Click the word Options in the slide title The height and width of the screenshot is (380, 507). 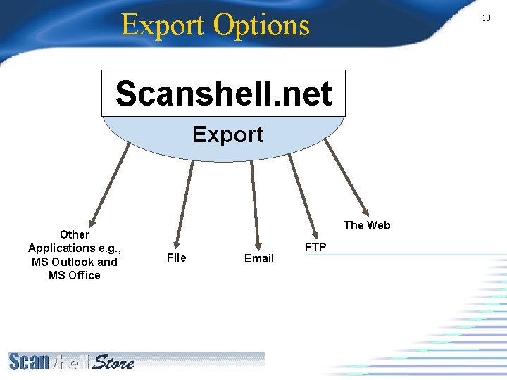(x=261, y=25)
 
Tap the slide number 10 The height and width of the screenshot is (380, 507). (x=486, y=18)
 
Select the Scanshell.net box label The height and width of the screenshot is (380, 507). (x=223, y=94)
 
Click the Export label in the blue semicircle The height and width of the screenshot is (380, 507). (x=227, y=134)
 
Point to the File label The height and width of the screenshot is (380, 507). (x=176, y=258)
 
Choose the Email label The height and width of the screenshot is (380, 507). (x=258, y=258)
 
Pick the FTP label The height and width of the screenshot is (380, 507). (x=315, y=247)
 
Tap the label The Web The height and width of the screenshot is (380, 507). (x=366, y=225)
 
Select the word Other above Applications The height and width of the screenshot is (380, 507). (x=75, y=234)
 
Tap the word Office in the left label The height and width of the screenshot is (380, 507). (x=84, y=275)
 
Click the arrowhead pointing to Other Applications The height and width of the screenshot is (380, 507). (x=91, y=219)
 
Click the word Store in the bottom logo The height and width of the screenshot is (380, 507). (x=113, y=362)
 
